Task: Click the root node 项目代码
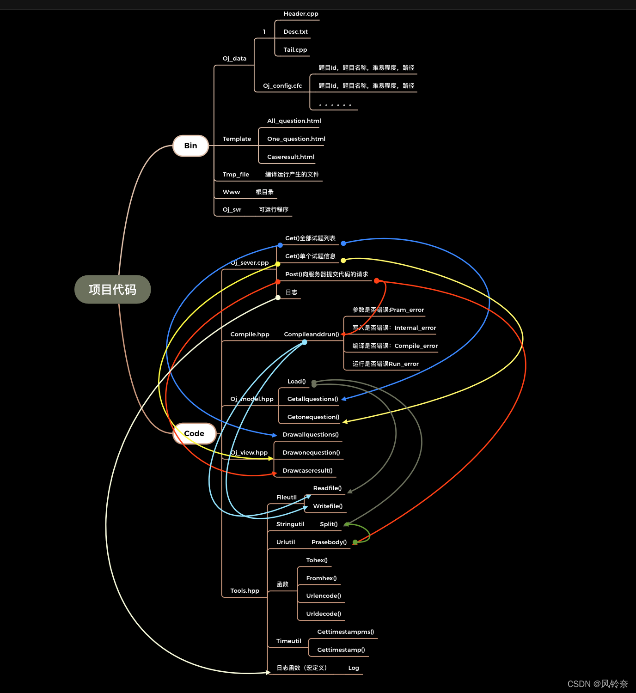coord(113,290)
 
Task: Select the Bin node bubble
coord(190,146)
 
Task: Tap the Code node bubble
coord(194,433)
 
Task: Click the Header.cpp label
coord(301,14)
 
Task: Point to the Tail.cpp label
coord(295,50)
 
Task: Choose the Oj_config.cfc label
coord(282,86)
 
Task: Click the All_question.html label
coord(294,121)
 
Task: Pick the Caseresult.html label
coord(291,157)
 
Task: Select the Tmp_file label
coord(236,175)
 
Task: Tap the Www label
coord(232,192)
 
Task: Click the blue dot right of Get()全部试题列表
coord(343,243)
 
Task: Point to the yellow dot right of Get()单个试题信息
coord(343,261)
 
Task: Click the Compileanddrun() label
coord(312,334)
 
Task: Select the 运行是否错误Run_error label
coord(385,364)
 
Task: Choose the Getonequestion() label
coord(313,417)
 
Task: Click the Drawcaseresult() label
coord(308,471)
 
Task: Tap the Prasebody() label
coord(329,542)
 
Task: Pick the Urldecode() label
coord(324,614)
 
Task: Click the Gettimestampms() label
coord(346,632)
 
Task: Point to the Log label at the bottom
coord(354,668)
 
